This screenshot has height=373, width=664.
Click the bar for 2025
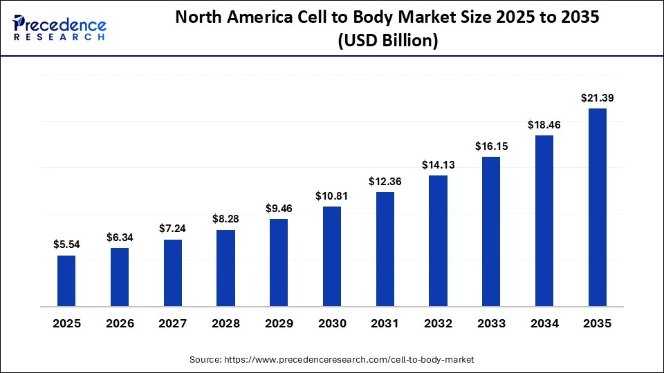(x=66, y=280)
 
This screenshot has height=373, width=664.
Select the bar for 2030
(x=332, y=256)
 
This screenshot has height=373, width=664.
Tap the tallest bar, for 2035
(x=598, y=207)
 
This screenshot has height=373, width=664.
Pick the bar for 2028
(x=225, y=268)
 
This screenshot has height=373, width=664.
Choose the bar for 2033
(x=491, y=231)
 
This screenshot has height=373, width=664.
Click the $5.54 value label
(x=66, y=244)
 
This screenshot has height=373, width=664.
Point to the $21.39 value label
(x=598, y=98)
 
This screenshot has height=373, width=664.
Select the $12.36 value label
(x=385, y=181)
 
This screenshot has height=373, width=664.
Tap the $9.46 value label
(x=279, y=208)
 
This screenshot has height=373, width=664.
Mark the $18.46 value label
(x=544, y=125)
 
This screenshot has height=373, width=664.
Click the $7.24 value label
(x=172, y=229)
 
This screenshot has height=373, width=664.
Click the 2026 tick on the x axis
(x=120, y=323)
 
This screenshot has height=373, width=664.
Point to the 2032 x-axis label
(x=439, y=323)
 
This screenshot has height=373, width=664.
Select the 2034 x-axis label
(x=544, y=323)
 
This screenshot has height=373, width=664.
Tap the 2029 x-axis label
(x=279, y=323)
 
